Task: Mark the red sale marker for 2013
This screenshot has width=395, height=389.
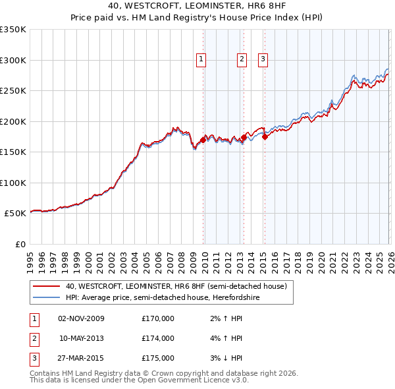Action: click(244, 138)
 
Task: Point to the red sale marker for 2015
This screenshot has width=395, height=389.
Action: click(265, 137)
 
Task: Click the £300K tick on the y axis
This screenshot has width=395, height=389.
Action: click(13, 60)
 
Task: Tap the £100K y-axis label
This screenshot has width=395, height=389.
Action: click(13, 183)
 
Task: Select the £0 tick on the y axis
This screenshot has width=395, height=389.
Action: click(20, 244)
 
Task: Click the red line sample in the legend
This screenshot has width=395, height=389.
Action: click(46, 287)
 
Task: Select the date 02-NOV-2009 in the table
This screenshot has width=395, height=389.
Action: click(81, 318)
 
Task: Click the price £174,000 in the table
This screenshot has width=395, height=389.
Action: click(158, 338)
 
